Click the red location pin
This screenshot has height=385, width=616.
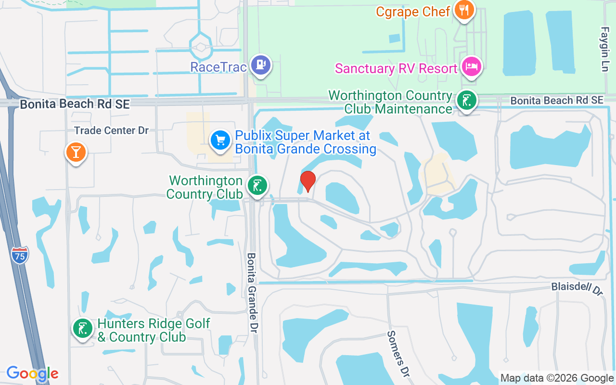coord(308,181)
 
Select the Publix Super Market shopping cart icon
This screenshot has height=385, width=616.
coord(220,141)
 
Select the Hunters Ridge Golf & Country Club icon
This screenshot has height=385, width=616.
coord(82,329)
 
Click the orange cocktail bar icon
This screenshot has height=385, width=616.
coord(76,152)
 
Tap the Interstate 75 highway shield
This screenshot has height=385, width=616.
coord(20,254)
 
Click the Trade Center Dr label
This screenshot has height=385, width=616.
coord(112,130)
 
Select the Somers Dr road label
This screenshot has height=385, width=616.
coord(398,348)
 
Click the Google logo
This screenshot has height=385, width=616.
coord(33,373)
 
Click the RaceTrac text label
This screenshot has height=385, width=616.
coord(218,67)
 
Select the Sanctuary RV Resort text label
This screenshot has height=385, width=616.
coord(396,68)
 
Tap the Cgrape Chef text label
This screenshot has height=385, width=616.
coord(413,12)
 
